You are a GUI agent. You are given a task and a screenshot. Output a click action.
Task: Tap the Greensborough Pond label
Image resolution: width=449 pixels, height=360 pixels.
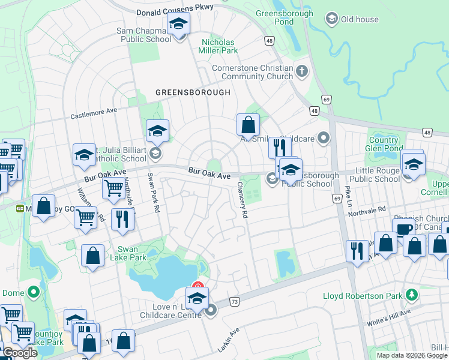(x=285, y=18)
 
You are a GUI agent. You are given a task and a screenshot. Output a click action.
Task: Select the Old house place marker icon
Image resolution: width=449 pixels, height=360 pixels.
(x=331, y=19)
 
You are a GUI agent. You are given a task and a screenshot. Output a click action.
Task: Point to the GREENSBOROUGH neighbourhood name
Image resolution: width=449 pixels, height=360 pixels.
(x=193, y=92)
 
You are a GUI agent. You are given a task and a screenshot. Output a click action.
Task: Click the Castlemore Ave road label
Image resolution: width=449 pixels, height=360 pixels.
(x=94, y=113)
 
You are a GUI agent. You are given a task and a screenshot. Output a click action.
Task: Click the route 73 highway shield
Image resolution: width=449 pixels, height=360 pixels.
(x=234, y=301)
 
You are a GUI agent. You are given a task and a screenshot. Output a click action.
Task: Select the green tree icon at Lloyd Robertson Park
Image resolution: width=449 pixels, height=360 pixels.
(x=412, y=295)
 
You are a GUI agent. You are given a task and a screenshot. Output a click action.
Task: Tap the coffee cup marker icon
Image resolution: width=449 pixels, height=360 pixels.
(x=403, y=230)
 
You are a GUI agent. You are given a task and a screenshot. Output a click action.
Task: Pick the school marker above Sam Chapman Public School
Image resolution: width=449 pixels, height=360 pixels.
(x=178, y=25)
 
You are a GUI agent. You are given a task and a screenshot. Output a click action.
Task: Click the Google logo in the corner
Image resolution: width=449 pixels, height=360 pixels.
(x=20, y=353)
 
